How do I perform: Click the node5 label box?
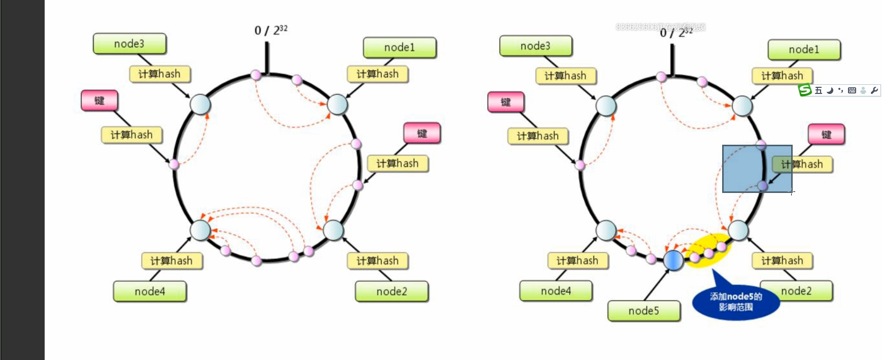coord(643,311)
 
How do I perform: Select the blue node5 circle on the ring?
coord(673,260)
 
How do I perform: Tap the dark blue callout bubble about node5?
coord(735,302)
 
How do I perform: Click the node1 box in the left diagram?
coord(399,48)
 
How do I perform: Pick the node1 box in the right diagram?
coord(804,50)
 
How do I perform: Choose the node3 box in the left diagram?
coord(129,44)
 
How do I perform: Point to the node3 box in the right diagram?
coord(535,46)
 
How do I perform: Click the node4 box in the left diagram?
coord(150,291)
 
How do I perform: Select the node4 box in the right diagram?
coord(556,291)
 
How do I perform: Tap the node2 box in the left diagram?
coord(391,291)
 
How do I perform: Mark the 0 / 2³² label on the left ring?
coord(270,30)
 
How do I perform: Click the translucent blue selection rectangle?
coord(757,169)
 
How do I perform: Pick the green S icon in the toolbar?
coord(805,90)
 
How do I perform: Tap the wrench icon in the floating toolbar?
coord(874,90)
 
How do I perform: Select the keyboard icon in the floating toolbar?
coord(852,90)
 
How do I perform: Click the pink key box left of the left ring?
coord(99,101)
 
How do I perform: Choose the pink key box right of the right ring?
coord(826,135)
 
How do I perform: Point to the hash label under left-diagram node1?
coord(378,74)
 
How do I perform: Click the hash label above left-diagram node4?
coord(172,261)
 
